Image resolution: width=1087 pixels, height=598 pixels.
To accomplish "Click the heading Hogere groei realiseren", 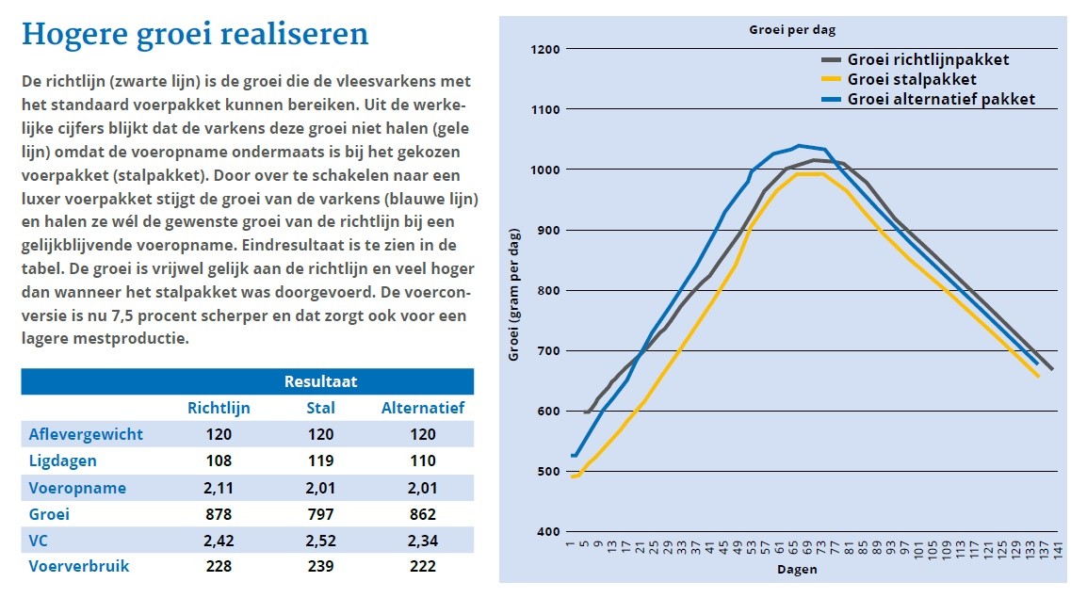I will tap(195, 35).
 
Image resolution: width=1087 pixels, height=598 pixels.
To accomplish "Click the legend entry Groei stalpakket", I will tap(912, 80).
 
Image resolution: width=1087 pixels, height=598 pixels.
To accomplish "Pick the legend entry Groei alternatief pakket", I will tap(941, 100).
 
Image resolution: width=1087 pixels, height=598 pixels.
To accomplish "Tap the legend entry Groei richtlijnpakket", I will tap(928, 60).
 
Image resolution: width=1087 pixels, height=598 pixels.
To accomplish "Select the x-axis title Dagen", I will tap(797, 570).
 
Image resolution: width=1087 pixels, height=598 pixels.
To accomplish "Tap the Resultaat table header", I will tap(319, 381).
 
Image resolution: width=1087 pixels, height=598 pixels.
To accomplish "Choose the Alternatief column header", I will tap(422, 409).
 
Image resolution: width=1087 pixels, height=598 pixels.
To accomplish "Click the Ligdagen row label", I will tap(63, 461).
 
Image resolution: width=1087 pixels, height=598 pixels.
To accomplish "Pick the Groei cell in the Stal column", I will tap(320, 515).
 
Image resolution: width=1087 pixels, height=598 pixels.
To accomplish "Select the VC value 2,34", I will tap(422, 541).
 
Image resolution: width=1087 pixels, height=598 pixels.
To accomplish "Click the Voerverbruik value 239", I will tap(320, 567).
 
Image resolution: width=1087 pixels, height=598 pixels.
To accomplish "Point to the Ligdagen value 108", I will tap(219, 461).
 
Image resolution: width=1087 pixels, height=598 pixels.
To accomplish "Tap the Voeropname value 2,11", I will tap(219, 489).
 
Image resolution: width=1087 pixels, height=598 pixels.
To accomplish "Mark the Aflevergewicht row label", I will tap(86, 434).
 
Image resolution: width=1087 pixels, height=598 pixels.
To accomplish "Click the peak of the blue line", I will tap(799, 146).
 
